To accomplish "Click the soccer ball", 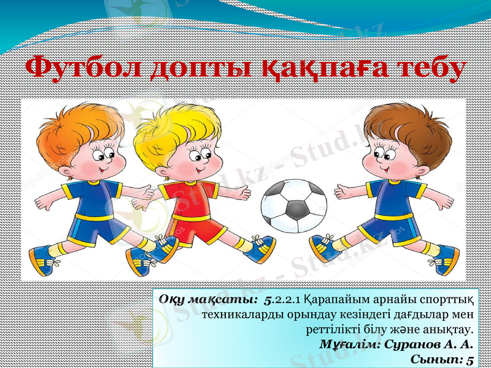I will point(294,205).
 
